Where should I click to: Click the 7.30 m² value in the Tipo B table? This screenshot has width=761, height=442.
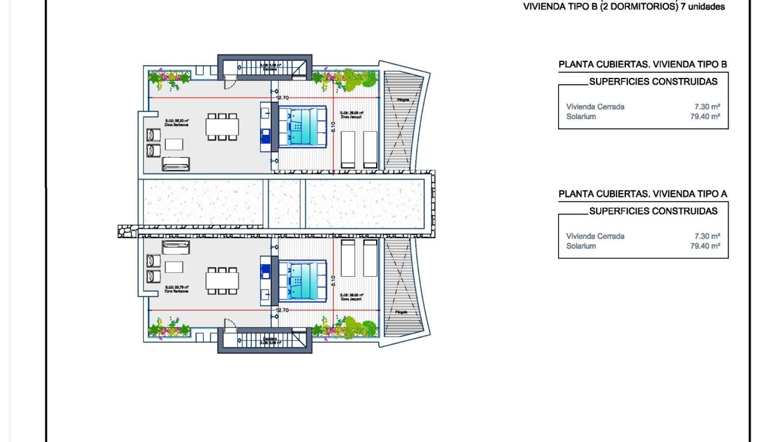tap(707, 106)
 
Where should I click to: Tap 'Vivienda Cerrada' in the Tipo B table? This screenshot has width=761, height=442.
tap(595, 106)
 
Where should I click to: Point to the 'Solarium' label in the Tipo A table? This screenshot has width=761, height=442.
tap(581, 246)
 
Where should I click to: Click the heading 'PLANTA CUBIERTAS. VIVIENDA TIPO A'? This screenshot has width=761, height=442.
tap(642, 194)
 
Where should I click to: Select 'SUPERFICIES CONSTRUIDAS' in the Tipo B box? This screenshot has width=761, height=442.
tap(653, 82)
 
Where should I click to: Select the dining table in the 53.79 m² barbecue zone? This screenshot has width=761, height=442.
tap(222, 279)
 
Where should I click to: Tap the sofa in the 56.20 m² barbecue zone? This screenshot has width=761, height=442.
tap(176, 165)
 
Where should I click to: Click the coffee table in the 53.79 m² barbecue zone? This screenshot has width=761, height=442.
tap(174, 266)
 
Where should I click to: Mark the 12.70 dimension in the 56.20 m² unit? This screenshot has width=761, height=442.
tap(282, 98)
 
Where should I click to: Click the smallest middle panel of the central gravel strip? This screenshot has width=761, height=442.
tap(285, 204)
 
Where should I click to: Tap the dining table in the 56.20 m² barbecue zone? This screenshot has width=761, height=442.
tap(222, 127)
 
